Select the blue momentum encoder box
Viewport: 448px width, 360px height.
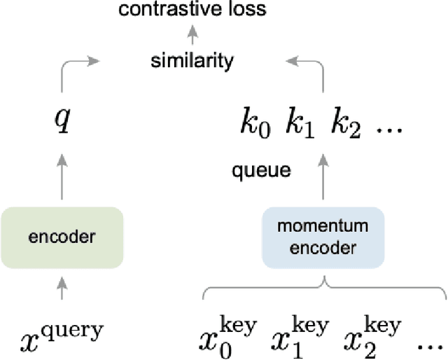[x=323, y=237]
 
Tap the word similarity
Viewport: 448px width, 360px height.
[x=192, y=61]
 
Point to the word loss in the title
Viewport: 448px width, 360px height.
[x=247, y=10]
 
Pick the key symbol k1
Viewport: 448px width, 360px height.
[x=298, y=125]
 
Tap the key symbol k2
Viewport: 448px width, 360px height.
[x=345, y=125]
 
